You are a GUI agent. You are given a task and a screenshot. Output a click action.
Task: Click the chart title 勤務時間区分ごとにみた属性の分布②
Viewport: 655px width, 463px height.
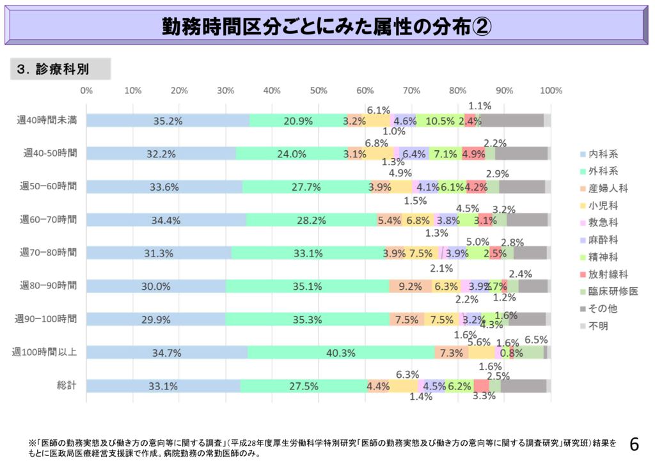coord(327,27)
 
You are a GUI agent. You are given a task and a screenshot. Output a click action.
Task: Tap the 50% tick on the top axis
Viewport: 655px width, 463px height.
coord(319,91)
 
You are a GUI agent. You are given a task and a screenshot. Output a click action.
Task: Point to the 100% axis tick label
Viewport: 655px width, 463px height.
coord(551,91)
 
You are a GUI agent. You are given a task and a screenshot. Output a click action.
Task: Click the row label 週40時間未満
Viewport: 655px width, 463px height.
coord(47,120)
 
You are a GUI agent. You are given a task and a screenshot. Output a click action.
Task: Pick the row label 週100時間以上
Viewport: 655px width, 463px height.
coord(45,352)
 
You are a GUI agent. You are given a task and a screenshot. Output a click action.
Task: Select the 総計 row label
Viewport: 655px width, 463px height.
coord(67,386)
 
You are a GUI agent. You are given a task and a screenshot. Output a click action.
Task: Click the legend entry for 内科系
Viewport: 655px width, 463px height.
coord(603,154)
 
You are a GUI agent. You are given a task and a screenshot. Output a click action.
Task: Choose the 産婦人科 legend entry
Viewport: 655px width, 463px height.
coord(608,188)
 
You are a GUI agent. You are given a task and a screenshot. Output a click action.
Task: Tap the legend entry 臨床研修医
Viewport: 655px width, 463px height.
coord(612,292)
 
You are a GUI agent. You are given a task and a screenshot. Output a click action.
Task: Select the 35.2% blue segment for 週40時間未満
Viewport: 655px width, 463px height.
coord(168,120)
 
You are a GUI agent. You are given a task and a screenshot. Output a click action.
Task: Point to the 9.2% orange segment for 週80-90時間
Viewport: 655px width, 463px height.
coord(410,286)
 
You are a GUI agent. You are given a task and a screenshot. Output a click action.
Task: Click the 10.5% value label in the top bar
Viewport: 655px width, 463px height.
coord(440,120)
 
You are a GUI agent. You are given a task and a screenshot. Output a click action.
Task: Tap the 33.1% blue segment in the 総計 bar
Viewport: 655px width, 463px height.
coord(162,386)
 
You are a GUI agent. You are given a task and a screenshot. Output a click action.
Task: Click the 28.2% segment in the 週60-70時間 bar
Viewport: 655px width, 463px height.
coord(311,220)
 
